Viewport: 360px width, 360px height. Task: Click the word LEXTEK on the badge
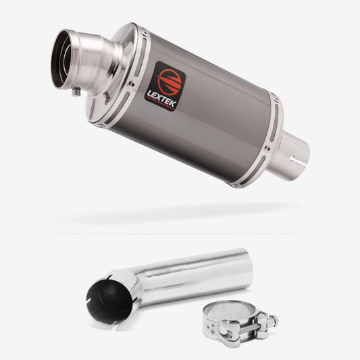[161, 99]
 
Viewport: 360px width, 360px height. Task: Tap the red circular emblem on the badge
[169, 82]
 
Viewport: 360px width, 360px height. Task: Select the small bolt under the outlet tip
[76, 92]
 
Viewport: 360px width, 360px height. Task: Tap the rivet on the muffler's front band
[132, 84]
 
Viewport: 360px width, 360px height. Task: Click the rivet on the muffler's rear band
[267, 148]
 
